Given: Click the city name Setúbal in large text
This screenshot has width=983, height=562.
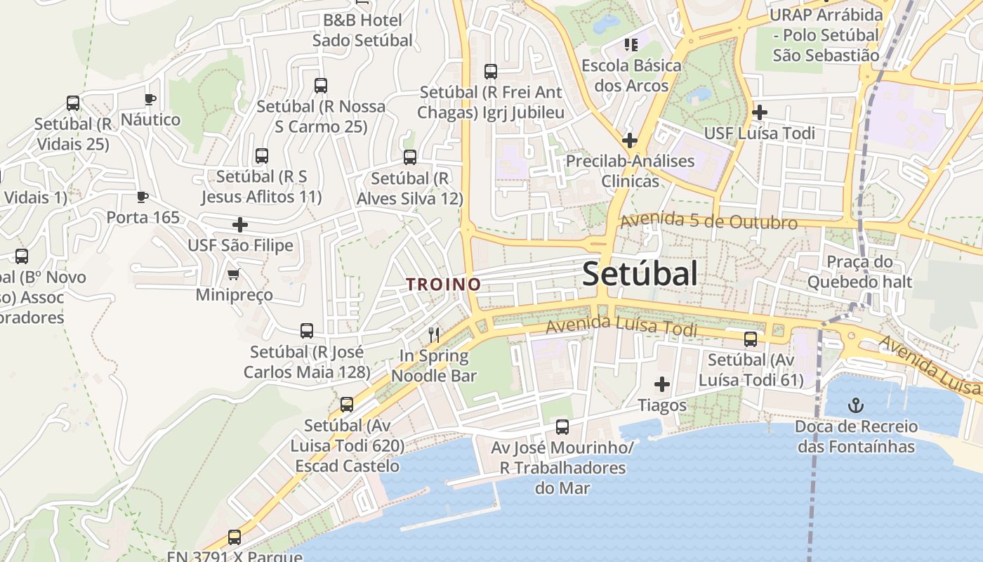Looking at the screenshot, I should pos(640,274).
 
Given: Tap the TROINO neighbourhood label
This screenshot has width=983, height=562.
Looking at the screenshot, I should pos(444,285).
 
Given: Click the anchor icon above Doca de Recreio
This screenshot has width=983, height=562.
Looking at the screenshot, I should pos(855,405).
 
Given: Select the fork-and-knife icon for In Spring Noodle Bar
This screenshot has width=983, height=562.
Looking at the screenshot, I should pos(434,334).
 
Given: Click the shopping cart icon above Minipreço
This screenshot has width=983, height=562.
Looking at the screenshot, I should pos(233,273).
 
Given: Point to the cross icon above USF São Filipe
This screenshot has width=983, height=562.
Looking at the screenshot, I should pos(240,225).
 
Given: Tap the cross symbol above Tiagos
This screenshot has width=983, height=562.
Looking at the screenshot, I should pos(661,384).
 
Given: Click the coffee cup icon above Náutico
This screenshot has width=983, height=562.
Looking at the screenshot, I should pos(150,99).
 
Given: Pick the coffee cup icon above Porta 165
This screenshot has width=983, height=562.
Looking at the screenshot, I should pos(143,197).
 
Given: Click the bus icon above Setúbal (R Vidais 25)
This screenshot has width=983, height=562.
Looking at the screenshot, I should pos(73,103).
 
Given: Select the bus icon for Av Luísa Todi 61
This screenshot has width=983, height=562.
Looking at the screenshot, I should pos(751,339).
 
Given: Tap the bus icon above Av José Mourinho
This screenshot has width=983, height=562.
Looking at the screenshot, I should pos(562,426).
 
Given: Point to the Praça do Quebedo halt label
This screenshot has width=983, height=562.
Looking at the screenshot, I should pos(859,272).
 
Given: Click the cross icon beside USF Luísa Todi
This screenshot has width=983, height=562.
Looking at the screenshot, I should pos(759,112).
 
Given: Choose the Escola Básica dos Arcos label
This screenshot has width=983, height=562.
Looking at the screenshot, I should pos(631,75).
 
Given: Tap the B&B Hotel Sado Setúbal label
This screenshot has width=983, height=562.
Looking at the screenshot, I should pos(362,30).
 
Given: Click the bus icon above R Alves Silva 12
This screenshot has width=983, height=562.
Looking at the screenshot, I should pos(410,157).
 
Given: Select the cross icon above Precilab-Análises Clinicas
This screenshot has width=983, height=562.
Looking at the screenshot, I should pos(630,140).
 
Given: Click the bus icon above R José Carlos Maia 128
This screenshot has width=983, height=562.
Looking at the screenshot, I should pos(307,331).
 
